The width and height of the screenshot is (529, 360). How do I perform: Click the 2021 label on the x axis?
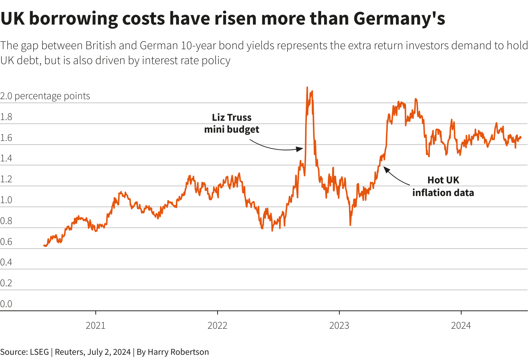[x=96, y=325]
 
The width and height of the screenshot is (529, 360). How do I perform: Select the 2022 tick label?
[x=217, y=325]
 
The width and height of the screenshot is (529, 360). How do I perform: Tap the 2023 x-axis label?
[x=339, y=325]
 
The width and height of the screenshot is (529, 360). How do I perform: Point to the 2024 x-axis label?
[x=461, y=325]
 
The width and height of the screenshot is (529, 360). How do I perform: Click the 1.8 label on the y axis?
[x=6, y=117]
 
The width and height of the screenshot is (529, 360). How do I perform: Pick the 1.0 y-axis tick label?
[x=6, y=200]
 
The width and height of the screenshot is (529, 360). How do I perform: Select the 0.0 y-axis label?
[x=6, y=304]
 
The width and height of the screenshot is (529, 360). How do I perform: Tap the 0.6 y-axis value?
[x=6, y=242]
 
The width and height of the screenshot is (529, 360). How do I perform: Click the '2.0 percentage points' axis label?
[x=45, y=96]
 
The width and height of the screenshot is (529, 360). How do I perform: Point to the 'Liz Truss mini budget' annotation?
[x=232, y=123]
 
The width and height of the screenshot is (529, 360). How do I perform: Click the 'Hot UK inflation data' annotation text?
[x=443, y=186]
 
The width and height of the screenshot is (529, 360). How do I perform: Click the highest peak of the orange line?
[x=307, y=88]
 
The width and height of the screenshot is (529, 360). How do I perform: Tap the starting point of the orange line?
[x=44, y=246]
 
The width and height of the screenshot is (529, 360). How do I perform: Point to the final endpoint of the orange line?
[x=520, y=137]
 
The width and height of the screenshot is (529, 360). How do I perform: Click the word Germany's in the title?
[x=399, y=18]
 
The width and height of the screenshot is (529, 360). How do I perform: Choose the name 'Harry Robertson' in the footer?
[x=178, y=352]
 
